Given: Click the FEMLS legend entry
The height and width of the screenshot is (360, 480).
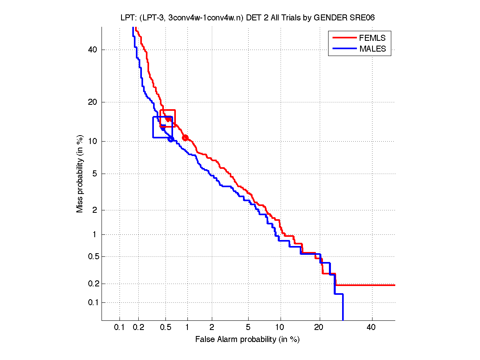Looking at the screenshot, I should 372,38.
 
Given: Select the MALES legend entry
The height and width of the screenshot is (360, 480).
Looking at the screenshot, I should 372,49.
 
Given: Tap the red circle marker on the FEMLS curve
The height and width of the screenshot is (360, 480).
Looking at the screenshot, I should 185,138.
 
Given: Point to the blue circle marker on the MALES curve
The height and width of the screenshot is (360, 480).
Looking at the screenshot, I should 171,139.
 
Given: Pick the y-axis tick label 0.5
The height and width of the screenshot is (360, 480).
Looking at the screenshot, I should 91,256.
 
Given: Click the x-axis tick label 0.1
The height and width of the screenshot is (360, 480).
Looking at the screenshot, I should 120,328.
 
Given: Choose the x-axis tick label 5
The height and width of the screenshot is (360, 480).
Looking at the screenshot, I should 248,328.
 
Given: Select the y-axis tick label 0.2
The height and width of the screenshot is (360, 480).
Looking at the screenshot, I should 91,284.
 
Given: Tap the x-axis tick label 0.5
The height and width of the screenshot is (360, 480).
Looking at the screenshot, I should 165,328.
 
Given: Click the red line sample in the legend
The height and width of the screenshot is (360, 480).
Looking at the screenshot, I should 344,38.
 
